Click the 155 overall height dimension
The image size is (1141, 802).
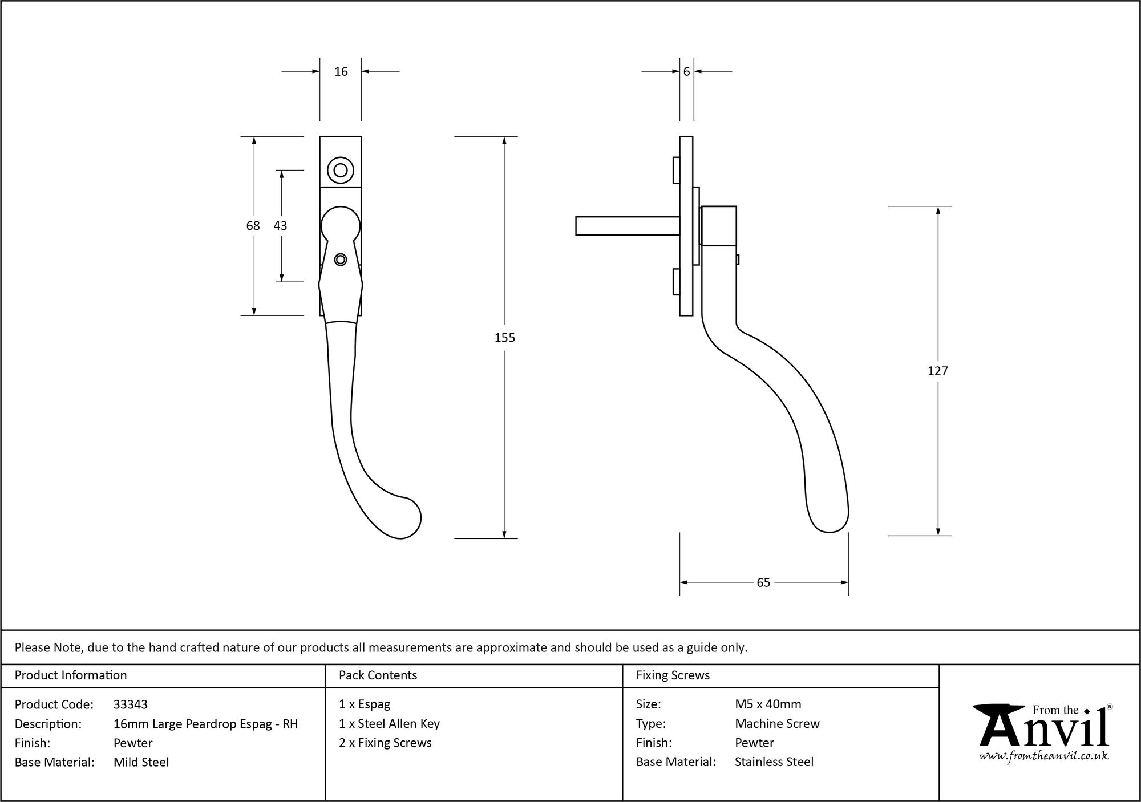coord(504,338)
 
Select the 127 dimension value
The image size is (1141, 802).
coord(937,371)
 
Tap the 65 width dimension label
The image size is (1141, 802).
coord(763,582)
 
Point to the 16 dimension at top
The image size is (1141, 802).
coord(341,72)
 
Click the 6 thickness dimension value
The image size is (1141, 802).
coord(686,72)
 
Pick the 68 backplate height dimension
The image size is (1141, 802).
coord(253,226)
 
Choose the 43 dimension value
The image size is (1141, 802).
coord(280,226)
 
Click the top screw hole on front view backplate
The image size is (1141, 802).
coord(341,170)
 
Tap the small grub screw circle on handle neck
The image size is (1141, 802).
coord(341,260)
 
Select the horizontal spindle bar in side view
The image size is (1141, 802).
coord(626,226)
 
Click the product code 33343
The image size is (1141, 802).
coord(131,704)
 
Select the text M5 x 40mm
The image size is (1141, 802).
coord(768,704)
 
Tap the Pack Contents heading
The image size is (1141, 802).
coord(378,675)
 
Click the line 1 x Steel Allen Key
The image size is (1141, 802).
coord(389,724)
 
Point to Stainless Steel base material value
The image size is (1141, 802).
coord(774,762)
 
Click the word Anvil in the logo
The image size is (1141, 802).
coord(1044,731)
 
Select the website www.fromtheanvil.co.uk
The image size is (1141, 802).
coord(1044,756)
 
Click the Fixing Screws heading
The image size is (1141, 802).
coord(673,675)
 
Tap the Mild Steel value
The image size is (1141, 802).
coord(141,762)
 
